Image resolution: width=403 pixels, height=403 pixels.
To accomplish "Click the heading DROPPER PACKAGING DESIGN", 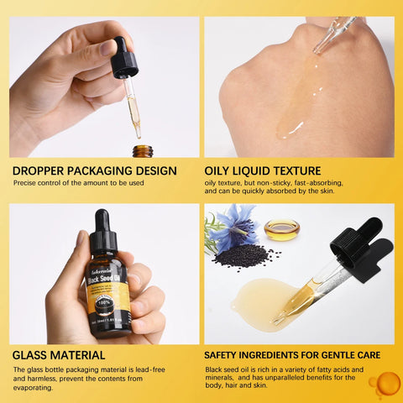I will [95, 170].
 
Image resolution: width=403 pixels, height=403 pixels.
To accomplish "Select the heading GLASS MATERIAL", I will [59, 355].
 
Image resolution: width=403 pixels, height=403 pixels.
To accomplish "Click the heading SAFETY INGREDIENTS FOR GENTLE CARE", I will [297, 355].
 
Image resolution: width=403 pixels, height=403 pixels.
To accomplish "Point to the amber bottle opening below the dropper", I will [143, 150].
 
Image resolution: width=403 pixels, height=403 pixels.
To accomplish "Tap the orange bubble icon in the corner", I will [385, 385].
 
